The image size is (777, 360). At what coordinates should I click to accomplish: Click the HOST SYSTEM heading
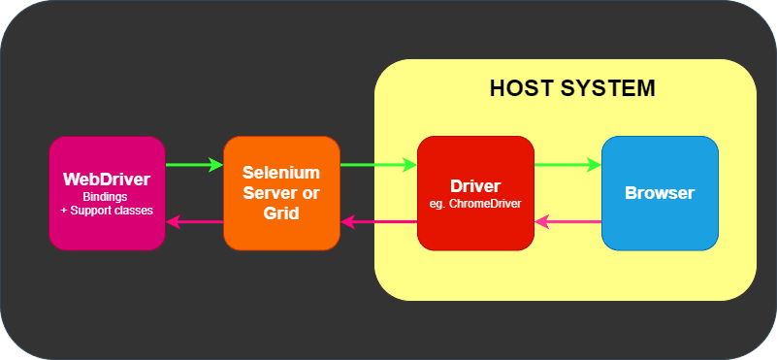pos(572,88)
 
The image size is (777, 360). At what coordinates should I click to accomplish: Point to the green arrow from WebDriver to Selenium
pos(194,165)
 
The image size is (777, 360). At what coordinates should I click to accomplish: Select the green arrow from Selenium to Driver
pos(378,165)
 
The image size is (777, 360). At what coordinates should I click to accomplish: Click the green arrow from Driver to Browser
pos(567,165)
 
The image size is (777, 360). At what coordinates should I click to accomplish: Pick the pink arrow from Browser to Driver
pos(568,222)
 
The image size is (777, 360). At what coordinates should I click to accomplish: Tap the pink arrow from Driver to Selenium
pos(379,222)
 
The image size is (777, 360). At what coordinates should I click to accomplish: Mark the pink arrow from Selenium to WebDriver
pos(195,222)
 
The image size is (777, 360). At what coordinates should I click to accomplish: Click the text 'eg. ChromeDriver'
pos(475,204)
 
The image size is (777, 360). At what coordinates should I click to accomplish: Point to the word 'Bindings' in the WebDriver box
pos(107,196)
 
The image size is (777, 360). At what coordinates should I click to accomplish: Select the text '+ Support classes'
pos(107,210)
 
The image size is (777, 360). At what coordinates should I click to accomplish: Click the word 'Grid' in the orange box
pos(280,212)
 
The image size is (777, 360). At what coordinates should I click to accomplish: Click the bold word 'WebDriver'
pos(107,180)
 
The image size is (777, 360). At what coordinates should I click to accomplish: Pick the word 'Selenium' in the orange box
pos(281,173)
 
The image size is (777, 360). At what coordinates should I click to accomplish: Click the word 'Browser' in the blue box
pos(660,192)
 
